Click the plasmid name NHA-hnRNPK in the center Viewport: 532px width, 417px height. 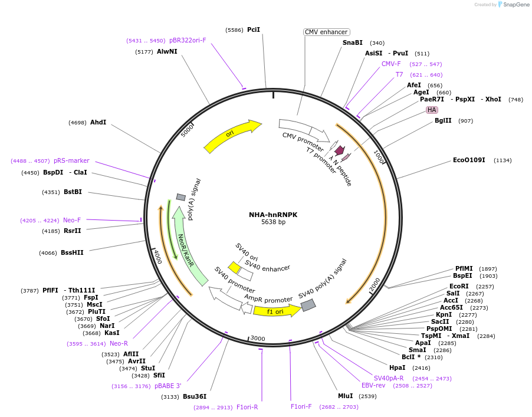[273, 215]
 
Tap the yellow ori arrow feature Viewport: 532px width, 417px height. [232, 136]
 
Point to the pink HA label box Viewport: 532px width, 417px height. [432, 110]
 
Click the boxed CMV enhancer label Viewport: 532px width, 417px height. [326, 32]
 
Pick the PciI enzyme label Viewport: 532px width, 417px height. [254, 29]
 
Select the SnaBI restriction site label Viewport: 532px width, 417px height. [353, 42]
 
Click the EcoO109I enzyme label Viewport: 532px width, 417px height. [469, 160]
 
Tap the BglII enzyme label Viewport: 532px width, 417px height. [443, 121]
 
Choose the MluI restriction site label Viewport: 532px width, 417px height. [346, 396]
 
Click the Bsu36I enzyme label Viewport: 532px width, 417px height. [195, 396]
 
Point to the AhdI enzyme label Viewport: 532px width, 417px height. [98, 122]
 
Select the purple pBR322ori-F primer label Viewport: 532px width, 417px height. [188, 41]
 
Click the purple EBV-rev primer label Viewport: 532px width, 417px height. [373, 385]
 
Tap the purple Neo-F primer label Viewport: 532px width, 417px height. [72, 220]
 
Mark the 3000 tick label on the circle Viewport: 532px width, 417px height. [258, 338]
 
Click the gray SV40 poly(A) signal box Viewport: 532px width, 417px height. [308, 304]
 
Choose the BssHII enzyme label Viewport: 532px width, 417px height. [72, 252]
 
